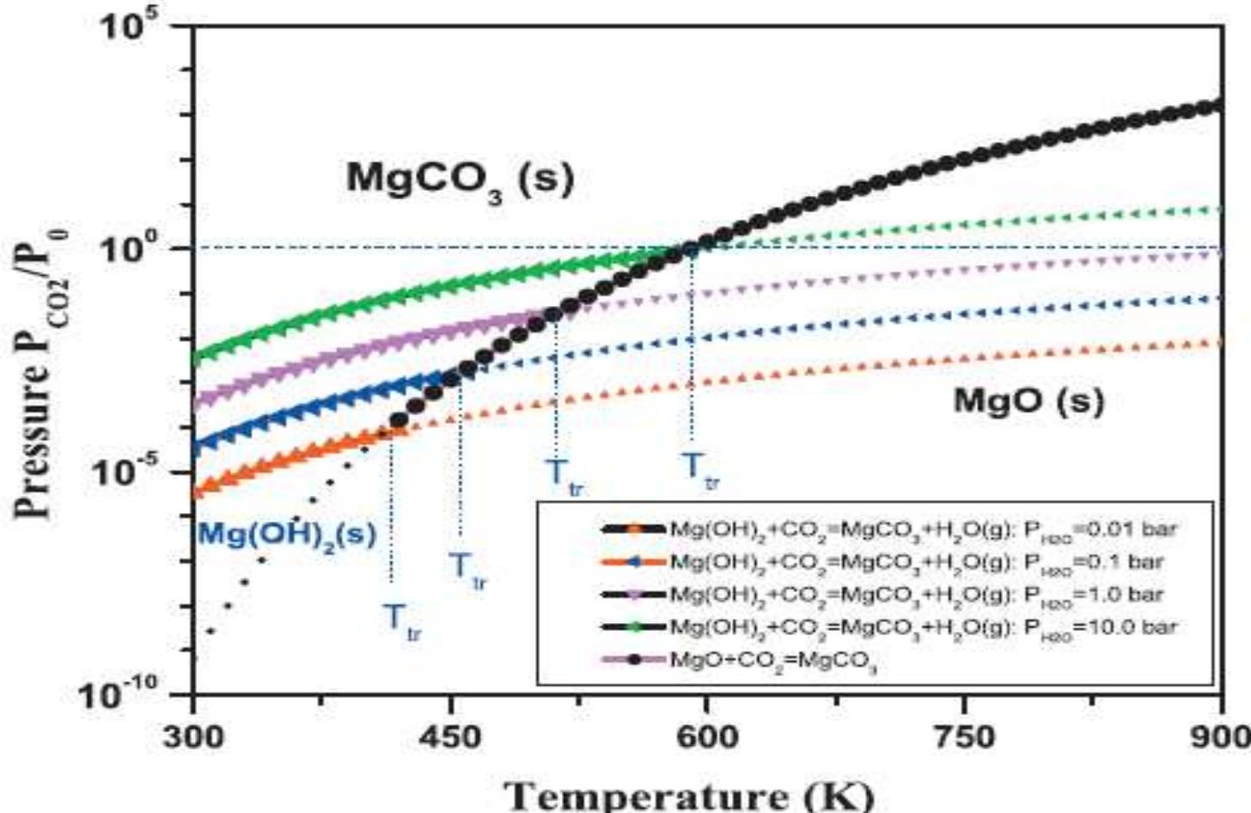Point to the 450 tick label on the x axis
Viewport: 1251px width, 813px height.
tap(449, 737)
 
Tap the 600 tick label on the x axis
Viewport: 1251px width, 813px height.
tap(705, 737)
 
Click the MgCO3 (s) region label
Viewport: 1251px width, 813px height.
tap(460, 180)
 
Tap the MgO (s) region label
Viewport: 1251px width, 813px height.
tap(1028, 400)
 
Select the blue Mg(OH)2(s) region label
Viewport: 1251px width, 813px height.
tap(287, 535)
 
